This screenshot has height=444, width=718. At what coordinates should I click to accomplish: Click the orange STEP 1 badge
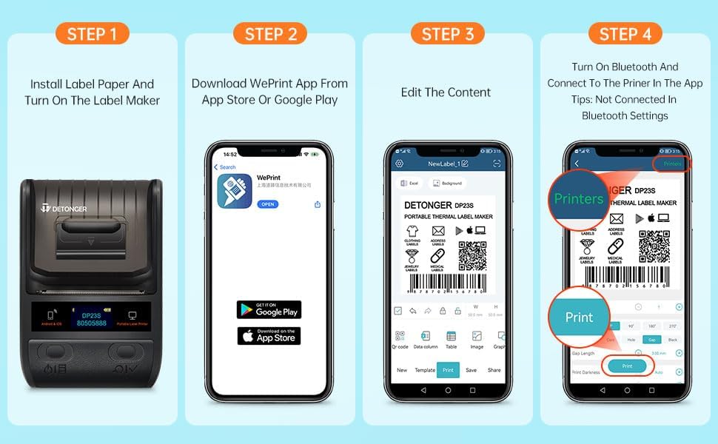(x=93, y=33)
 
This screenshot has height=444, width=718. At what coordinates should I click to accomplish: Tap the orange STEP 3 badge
(x=448, y=33)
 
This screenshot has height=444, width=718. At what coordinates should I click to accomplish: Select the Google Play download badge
(x=269, y=309)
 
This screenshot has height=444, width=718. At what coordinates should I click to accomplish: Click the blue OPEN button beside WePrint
(x=268, y=204)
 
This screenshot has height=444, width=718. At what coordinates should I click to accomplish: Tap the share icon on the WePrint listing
(x=318, y=204)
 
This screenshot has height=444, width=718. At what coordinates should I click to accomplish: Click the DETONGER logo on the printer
(x=64, y=209)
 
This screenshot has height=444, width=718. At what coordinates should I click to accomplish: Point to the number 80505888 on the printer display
(x=92, y=323)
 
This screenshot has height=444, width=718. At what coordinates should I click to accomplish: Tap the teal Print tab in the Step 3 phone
(x=448, y=370)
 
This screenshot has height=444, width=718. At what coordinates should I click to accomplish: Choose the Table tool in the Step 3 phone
(x=451, y=340)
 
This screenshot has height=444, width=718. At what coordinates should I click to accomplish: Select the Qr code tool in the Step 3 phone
(x=400, y=340)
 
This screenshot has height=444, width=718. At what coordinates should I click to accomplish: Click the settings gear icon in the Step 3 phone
(x=400, y=164)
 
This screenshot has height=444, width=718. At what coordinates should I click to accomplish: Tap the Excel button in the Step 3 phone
(x=409, y=183)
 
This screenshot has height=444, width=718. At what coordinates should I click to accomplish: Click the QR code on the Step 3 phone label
(x=472, y=255)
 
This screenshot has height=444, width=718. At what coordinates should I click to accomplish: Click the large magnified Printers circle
(x=579, y=198)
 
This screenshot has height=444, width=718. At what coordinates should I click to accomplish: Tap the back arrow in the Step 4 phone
(x=577, y=164)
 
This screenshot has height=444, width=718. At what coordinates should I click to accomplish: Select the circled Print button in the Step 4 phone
(x=627, y=366)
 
